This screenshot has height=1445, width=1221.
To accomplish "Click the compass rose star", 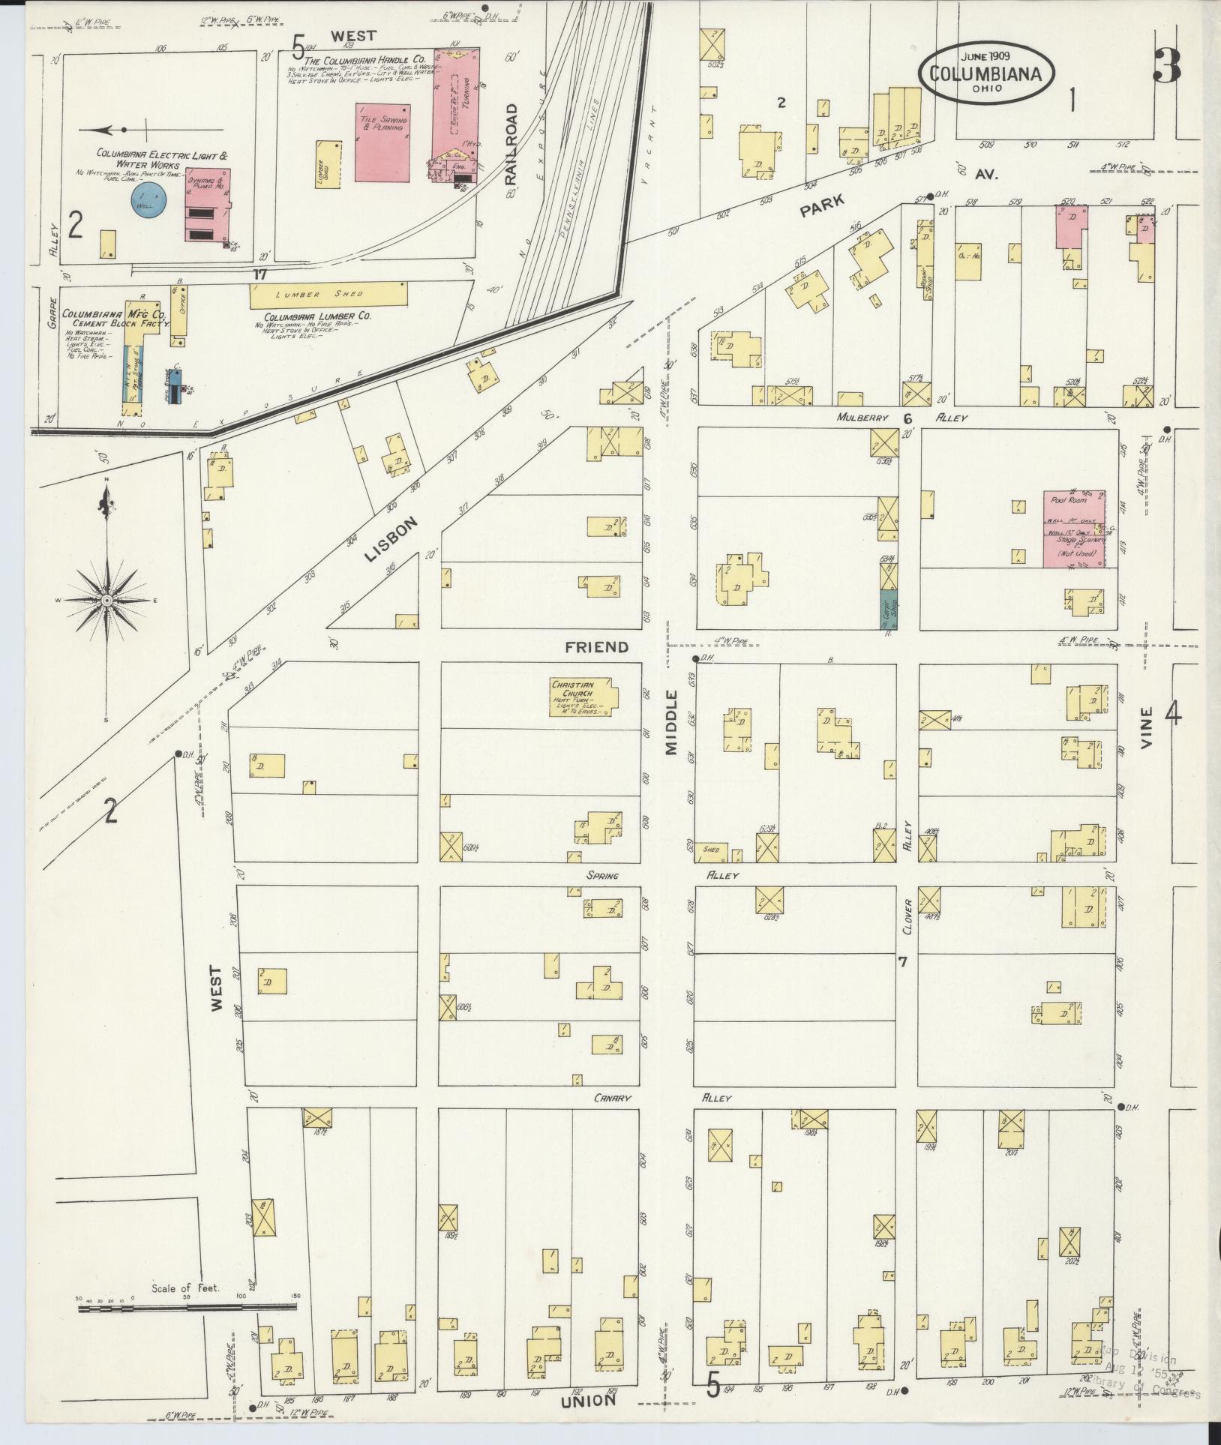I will [x=106, y=601].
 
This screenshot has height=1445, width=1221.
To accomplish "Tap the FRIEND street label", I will [x=596, y=646].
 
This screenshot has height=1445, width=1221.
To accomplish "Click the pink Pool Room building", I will [x=1073, y=529].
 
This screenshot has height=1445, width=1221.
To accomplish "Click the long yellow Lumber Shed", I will [x=328, y=295].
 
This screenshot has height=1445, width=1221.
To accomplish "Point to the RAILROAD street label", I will [x=512, y=145].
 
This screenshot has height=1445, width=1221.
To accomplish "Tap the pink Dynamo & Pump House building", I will [x=208, y=205].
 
